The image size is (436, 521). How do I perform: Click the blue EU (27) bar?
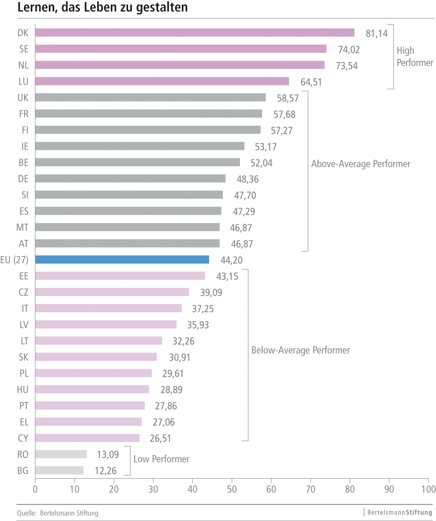122,259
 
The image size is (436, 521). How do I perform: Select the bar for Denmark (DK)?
195,33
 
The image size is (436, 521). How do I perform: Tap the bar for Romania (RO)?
61,454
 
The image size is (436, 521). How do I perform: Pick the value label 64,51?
311,82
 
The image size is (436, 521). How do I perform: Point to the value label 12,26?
105,471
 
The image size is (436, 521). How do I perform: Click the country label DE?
23,179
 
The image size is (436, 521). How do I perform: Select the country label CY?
23,438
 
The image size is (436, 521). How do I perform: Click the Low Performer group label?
161,459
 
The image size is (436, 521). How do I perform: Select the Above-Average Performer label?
360,164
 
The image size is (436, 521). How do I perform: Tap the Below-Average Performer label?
300,350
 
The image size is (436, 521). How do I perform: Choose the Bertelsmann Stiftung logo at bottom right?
399,512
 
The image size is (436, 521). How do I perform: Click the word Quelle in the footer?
27,513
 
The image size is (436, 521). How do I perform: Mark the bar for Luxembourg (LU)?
162,81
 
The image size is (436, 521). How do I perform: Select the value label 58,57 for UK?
287,98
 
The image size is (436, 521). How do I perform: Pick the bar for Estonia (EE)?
120,276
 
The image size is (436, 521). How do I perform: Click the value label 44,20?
231,260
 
